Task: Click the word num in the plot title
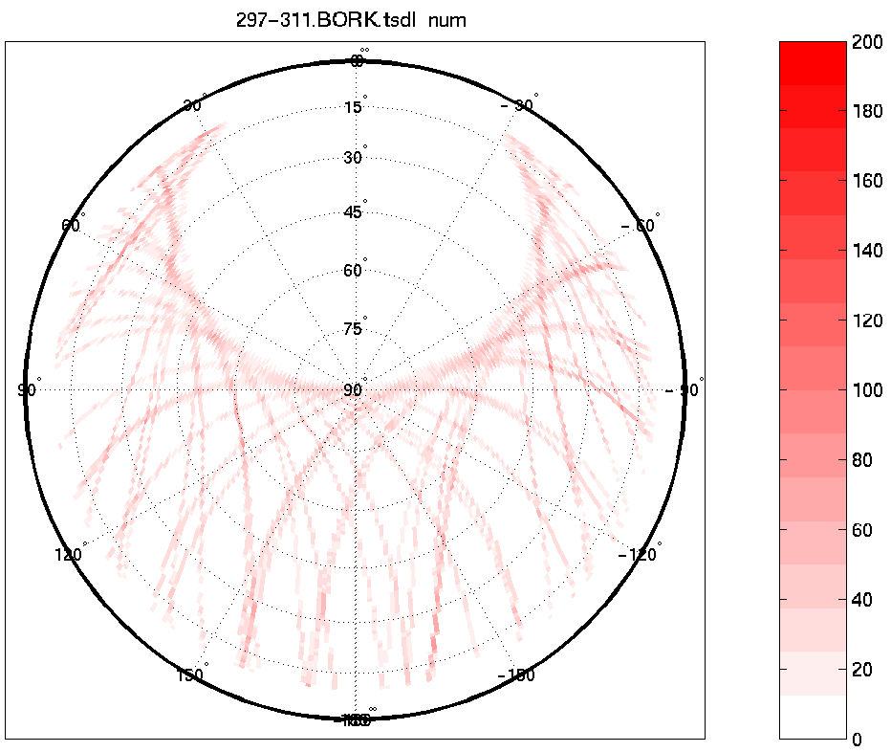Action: (x=446, y=20)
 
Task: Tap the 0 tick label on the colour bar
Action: (x=857, y=740)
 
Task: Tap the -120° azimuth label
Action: (x=639, y=554)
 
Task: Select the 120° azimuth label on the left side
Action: (x=70, y=555)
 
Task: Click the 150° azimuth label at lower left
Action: (x=190, y=675)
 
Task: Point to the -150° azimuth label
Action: (x=516, y=675)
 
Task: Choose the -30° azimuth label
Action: (x=518, y=104)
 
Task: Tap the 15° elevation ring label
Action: (x=354, y=107)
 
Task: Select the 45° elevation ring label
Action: (x=354, y=212)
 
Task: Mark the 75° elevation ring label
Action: (x=354, y=329)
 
